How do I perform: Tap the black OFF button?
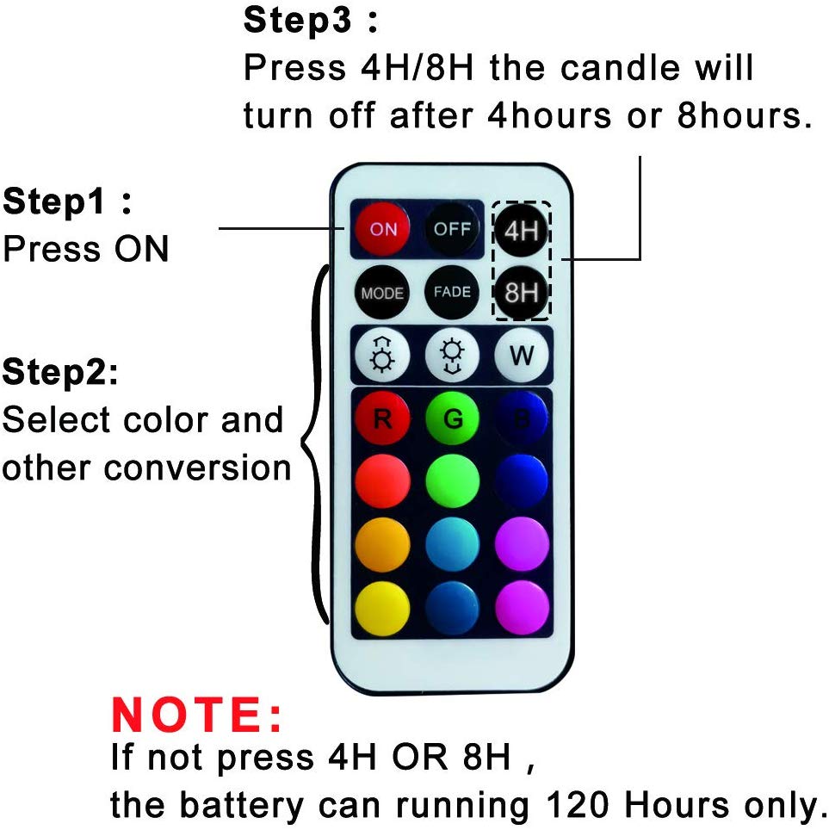coord(452,229)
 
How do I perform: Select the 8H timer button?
coord(521,292)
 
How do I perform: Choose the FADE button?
coord(452,292)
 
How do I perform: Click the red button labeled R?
coord(382,418)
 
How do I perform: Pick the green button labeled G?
coord(452,418)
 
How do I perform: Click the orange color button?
coord(382,543)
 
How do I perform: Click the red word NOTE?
coord(197,715)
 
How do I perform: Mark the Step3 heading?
coord(310,21)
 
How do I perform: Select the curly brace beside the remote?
coord(315,444)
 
